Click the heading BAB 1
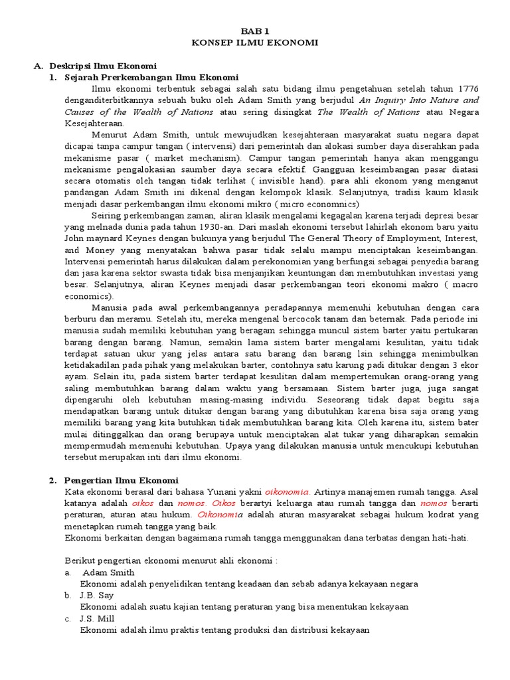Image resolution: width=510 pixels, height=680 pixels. coord(255,31)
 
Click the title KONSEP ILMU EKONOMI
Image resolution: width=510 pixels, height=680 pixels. coord(255,42)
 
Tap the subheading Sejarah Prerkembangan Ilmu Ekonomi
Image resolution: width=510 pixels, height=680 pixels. coord(146,77)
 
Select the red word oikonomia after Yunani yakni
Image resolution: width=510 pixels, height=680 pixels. coord(287,491)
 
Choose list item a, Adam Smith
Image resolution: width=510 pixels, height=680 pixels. coord(108,572)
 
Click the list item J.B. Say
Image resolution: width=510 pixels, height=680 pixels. coord(97,595)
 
